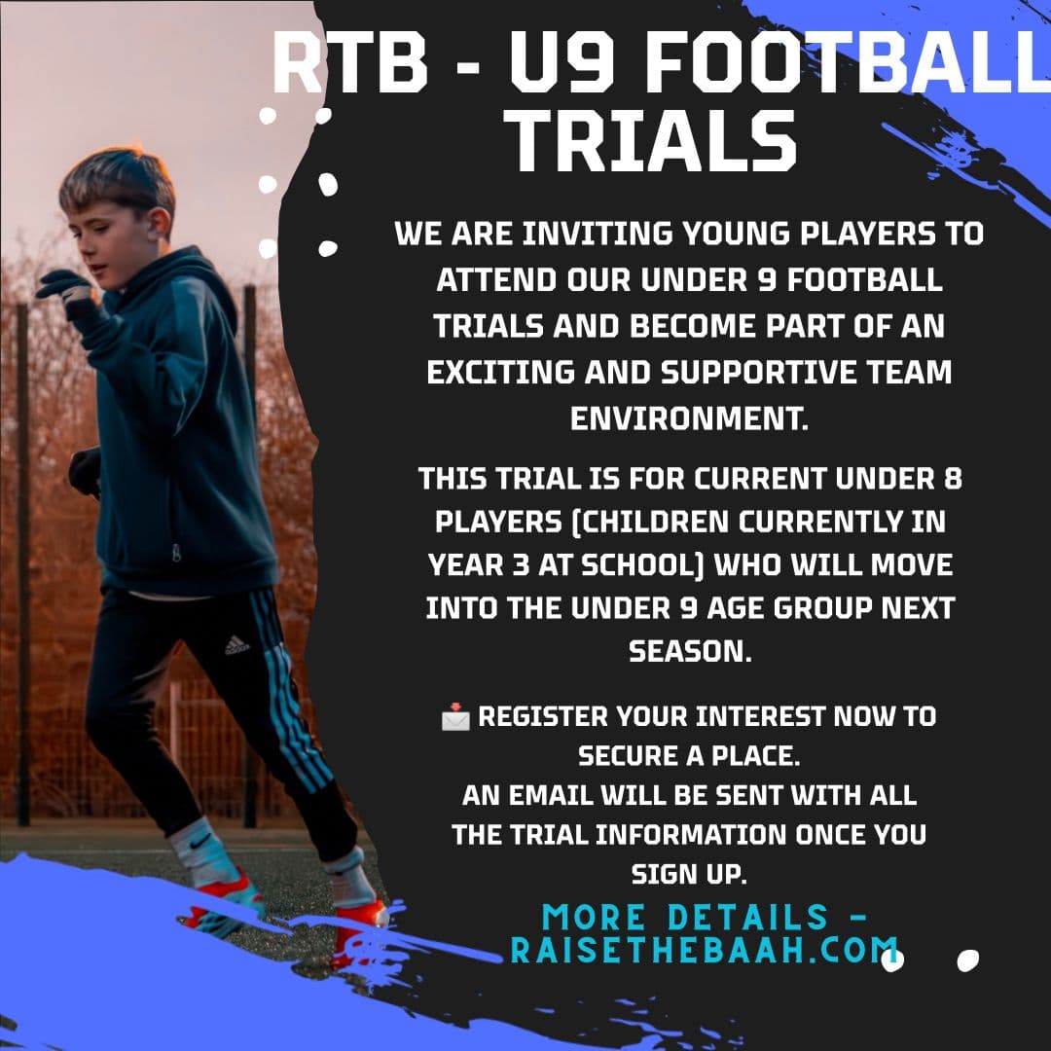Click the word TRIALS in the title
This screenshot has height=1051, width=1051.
tap(654, 141)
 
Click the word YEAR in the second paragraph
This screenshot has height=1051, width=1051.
tap(464, 564)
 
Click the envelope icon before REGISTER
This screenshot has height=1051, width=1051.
tap(454, 718)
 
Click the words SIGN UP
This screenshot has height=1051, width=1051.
tap(689, 874)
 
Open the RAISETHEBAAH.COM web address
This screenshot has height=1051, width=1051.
tap(705, 951)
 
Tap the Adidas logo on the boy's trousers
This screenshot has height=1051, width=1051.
tap(236, 644)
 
